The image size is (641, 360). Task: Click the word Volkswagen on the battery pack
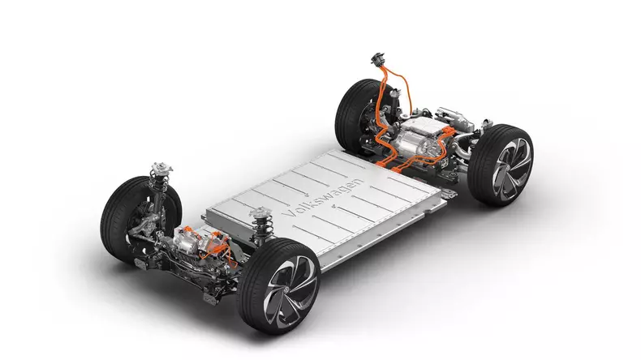coord(323,199)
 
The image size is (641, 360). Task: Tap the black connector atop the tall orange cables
coord(378,59)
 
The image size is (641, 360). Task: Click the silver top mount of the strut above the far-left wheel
coord(162,168)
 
